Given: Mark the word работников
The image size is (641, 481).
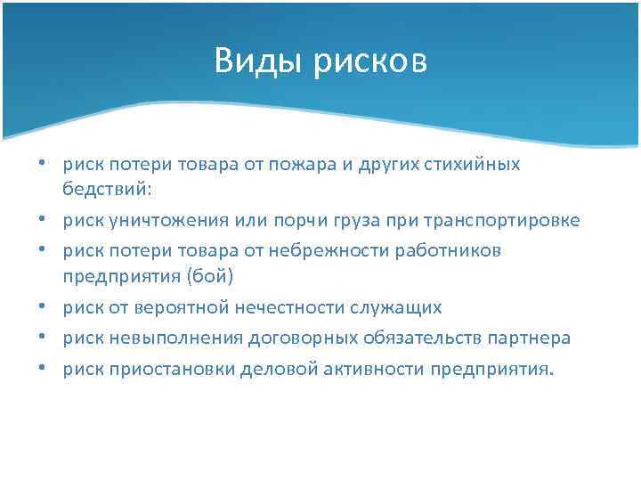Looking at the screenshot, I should pyautogui.click(x=450, y=250).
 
